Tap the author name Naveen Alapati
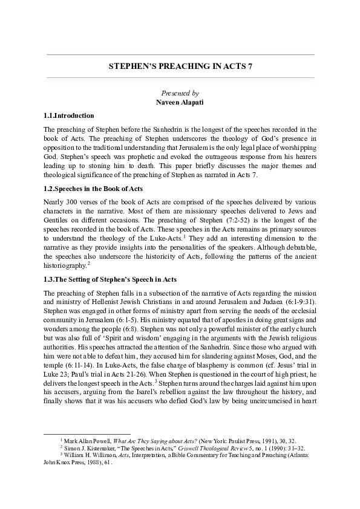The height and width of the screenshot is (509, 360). tap(180, 102)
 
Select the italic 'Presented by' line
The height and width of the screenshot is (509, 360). tap(180, 93)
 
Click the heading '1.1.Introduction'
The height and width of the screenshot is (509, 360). tap(68, 115)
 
